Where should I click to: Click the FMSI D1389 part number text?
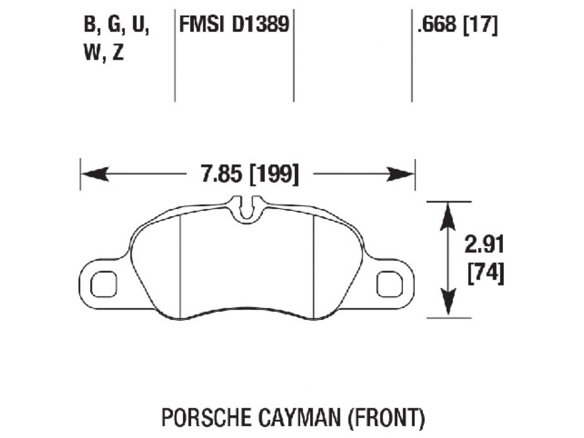(x=234, y=25)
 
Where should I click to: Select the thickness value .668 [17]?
(x=457, y=25)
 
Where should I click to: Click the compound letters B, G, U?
(x=116, y=25)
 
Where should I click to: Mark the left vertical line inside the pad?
(x=181, y=267)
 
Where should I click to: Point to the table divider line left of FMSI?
(x=175, y=55)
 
